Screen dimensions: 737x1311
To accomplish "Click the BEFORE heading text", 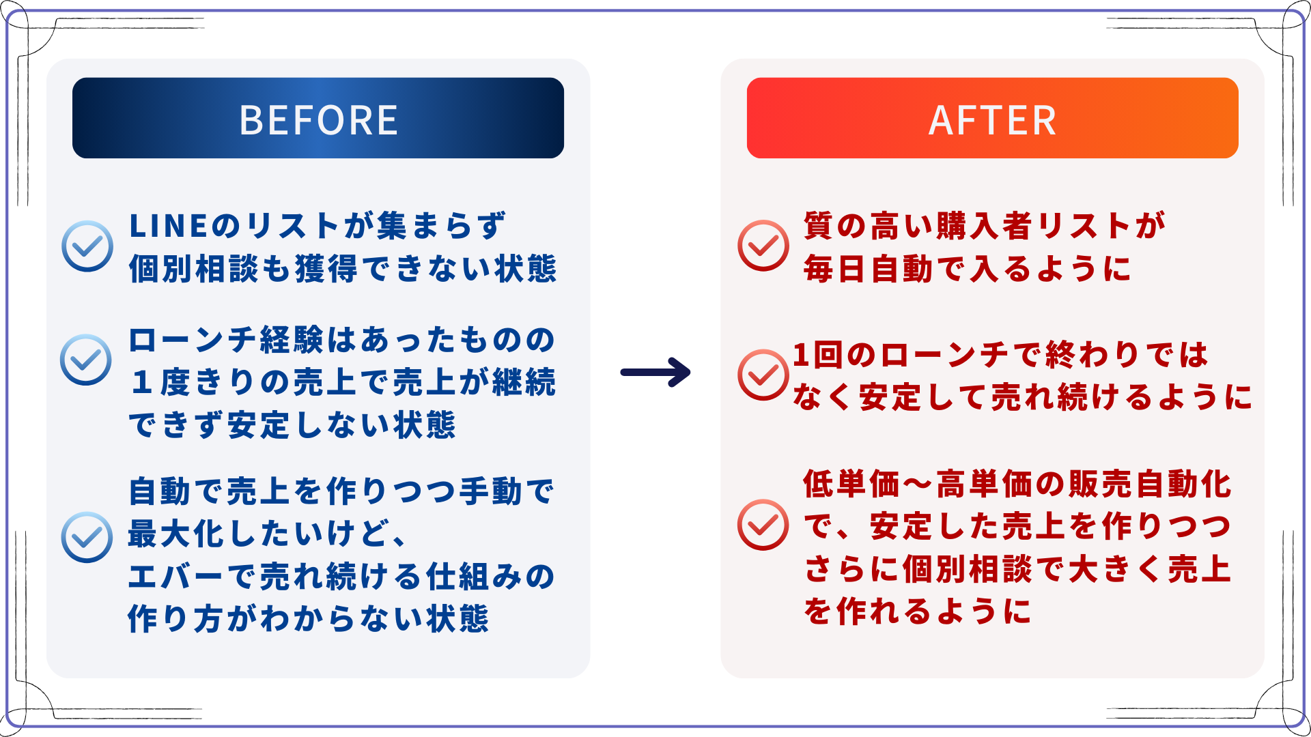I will (318, 120).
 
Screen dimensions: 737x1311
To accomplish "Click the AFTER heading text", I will (992, 120).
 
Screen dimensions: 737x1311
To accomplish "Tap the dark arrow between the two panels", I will (655, 372).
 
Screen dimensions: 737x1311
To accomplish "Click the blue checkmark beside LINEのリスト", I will (87, 246).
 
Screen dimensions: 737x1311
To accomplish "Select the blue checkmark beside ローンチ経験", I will (86, 359).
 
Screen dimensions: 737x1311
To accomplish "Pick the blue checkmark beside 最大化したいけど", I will (87, 537).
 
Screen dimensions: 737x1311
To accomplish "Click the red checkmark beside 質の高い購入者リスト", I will (763, 245).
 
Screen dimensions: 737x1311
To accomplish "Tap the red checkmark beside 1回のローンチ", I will (763, 375).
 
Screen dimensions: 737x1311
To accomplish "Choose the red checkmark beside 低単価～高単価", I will (763, 525).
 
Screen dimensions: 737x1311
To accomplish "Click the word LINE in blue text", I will (168, 227).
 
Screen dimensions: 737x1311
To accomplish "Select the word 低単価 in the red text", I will (851, 484).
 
